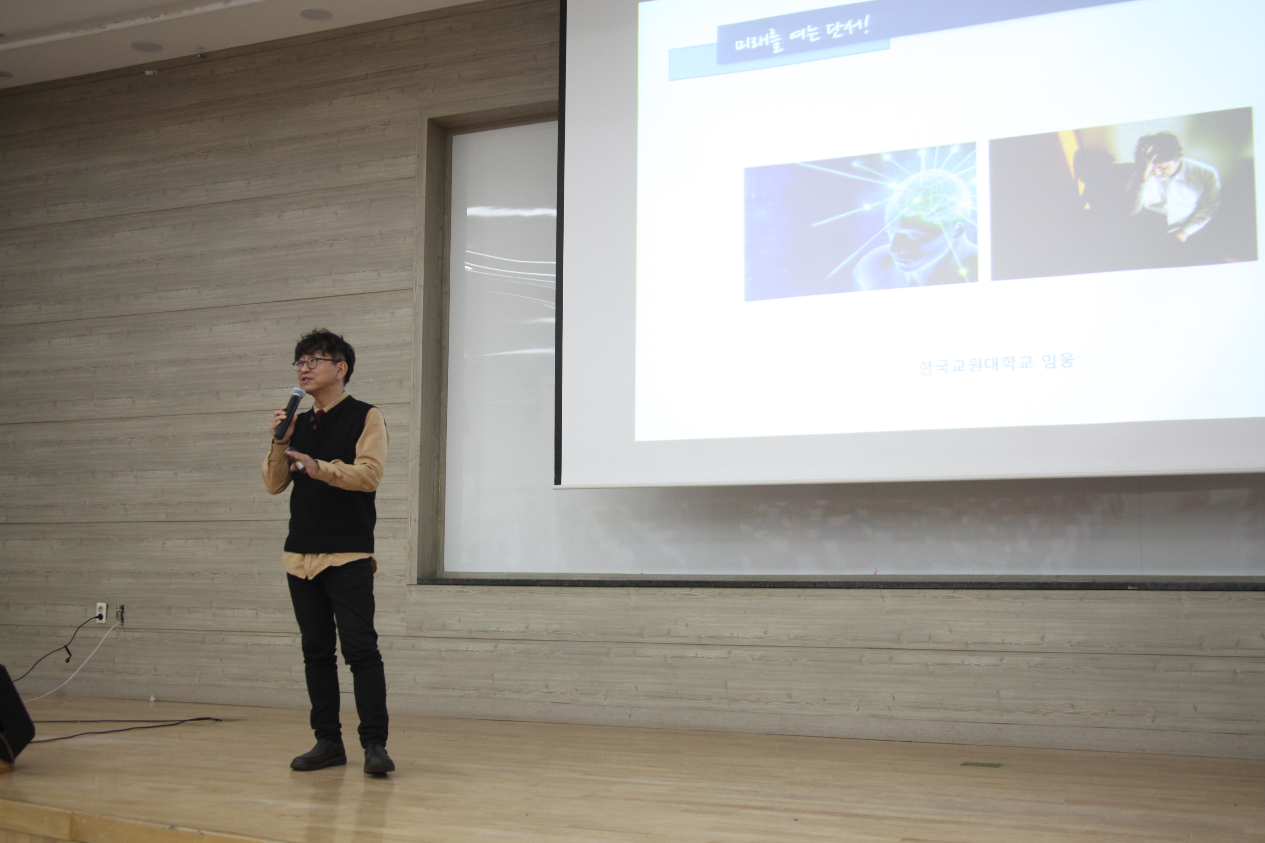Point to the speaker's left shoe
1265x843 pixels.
click(x=379, y=759)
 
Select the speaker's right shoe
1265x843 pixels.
click(x=318, y=755)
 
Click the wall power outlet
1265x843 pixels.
click(x=100, y=612)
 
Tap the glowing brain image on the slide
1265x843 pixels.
click(x=861, y=222)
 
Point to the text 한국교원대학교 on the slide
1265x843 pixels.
click(x=976, y=365)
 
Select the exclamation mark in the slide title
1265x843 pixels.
click(x=865, y=25)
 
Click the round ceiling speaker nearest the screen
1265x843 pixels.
click(x=316, y=15)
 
